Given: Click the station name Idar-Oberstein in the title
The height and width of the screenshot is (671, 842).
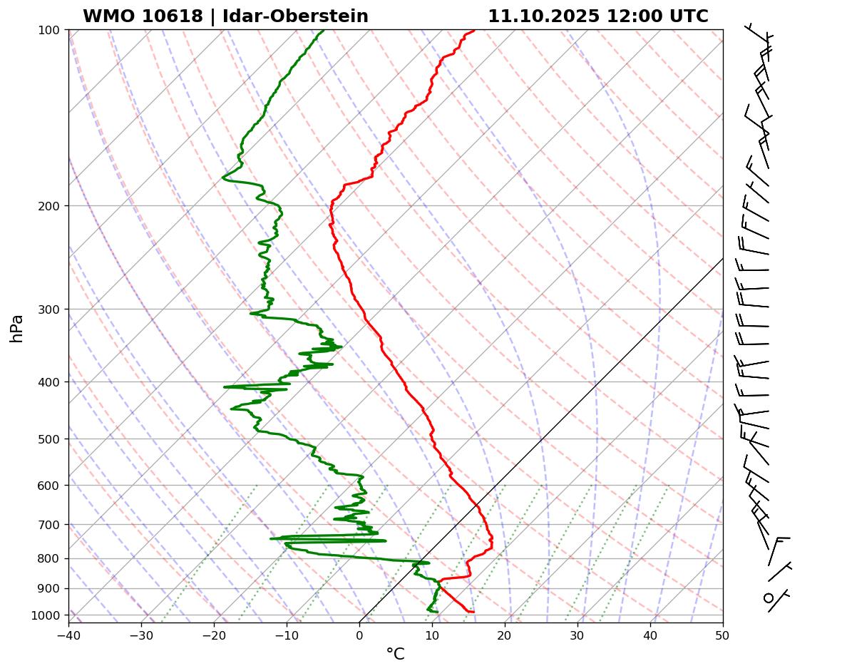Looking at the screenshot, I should (x=295, y=16).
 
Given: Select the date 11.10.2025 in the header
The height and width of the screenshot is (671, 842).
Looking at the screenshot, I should (x=544, y=16).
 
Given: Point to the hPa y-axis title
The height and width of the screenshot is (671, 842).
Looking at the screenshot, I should (x=16, y=328).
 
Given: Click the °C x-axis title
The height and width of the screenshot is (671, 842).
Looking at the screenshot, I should (x=395, y=654).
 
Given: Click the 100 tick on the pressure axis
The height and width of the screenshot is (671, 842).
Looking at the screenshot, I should (x=49, y=30).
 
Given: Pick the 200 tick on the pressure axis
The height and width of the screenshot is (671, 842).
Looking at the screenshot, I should (x=49, y=206).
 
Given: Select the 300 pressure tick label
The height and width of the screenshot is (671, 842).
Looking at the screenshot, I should (x=49, y=309).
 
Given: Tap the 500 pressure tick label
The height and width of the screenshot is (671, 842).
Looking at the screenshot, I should (x=49, y=439).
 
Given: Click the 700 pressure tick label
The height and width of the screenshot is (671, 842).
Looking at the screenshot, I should (x=49, y=525).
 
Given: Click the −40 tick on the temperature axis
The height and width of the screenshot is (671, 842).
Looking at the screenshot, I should (x=68, y=632).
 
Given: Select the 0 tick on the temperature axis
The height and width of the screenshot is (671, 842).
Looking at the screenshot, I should (x=359, y=632).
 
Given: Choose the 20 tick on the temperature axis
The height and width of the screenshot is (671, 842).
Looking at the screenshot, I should (x=505, y=632).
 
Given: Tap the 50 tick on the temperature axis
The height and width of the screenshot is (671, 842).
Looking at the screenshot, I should (x=723, y=632).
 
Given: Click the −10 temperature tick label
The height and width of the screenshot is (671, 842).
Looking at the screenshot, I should (x=287, y=632).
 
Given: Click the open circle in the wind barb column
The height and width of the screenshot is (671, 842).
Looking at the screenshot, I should (x=769, y=598).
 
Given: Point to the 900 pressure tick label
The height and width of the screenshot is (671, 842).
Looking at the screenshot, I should (x=49, y=589).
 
